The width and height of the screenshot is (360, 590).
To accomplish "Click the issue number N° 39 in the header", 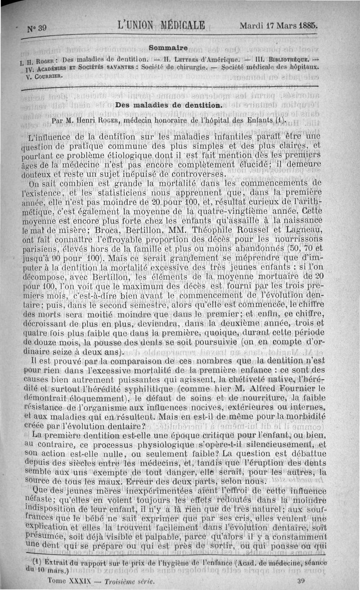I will pyautogui.click(x=37, y=28).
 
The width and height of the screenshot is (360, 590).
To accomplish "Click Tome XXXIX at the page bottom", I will pyautogui.click(x=67, y=581).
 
